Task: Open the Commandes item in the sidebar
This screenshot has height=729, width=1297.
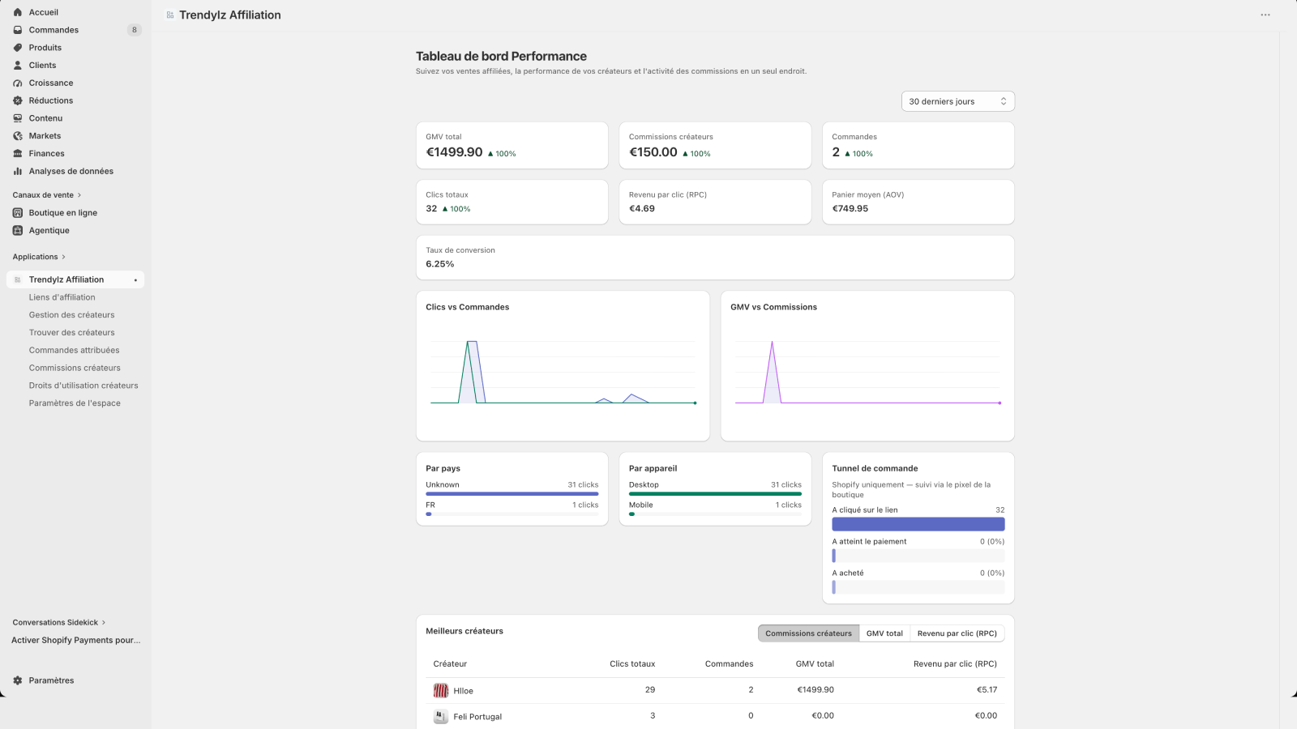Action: pos(54,29)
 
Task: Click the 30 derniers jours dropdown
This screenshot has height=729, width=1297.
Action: pos(957,101)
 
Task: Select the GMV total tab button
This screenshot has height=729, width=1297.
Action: pos(884,633)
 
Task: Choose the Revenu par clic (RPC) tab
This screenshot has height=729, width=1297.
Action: pos(957,633)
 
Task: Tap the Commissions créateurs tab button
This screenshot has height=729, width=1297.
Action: pos(808,633)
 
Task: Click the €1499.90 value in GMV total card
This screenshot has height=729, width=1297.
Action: pos(454,152)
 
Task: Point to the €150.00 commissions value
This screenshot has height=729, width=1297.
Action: pos(653,152)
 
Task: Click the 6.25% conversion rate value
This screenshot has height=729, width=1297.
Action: pos(440,264)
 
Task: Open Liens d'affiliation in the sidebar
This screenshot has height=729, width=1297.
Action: pos(62,296)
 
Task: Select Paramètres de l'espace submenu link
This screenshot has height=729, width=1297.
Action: pos(75,403)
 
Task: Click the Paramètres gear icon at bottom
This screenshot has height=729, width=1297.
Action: pos(17,680)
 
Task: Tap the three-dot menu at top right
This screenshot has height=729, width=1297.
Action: pos(1265,15)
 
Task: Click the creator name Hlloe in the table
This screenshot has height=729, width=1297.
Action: pos(463,690)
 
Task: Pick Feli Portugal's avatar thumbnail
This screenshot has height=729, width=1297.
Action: pos(441,716)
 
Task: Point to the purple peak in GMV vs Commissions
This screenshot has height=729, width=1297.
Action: pos(772,341)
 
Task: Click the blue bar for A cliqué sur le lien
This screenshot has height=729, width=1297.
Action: pos(918,524)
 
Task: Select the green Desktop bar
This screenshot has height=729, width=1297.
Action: pos(715,493)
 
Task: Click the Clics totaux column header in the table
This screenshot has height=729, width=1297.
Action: pos(632,663)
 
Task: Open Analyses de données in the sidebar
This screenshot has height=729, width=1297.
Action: pos(71,171)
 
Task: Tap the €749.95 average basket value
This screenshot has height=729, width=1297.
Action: pos(850,208)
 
